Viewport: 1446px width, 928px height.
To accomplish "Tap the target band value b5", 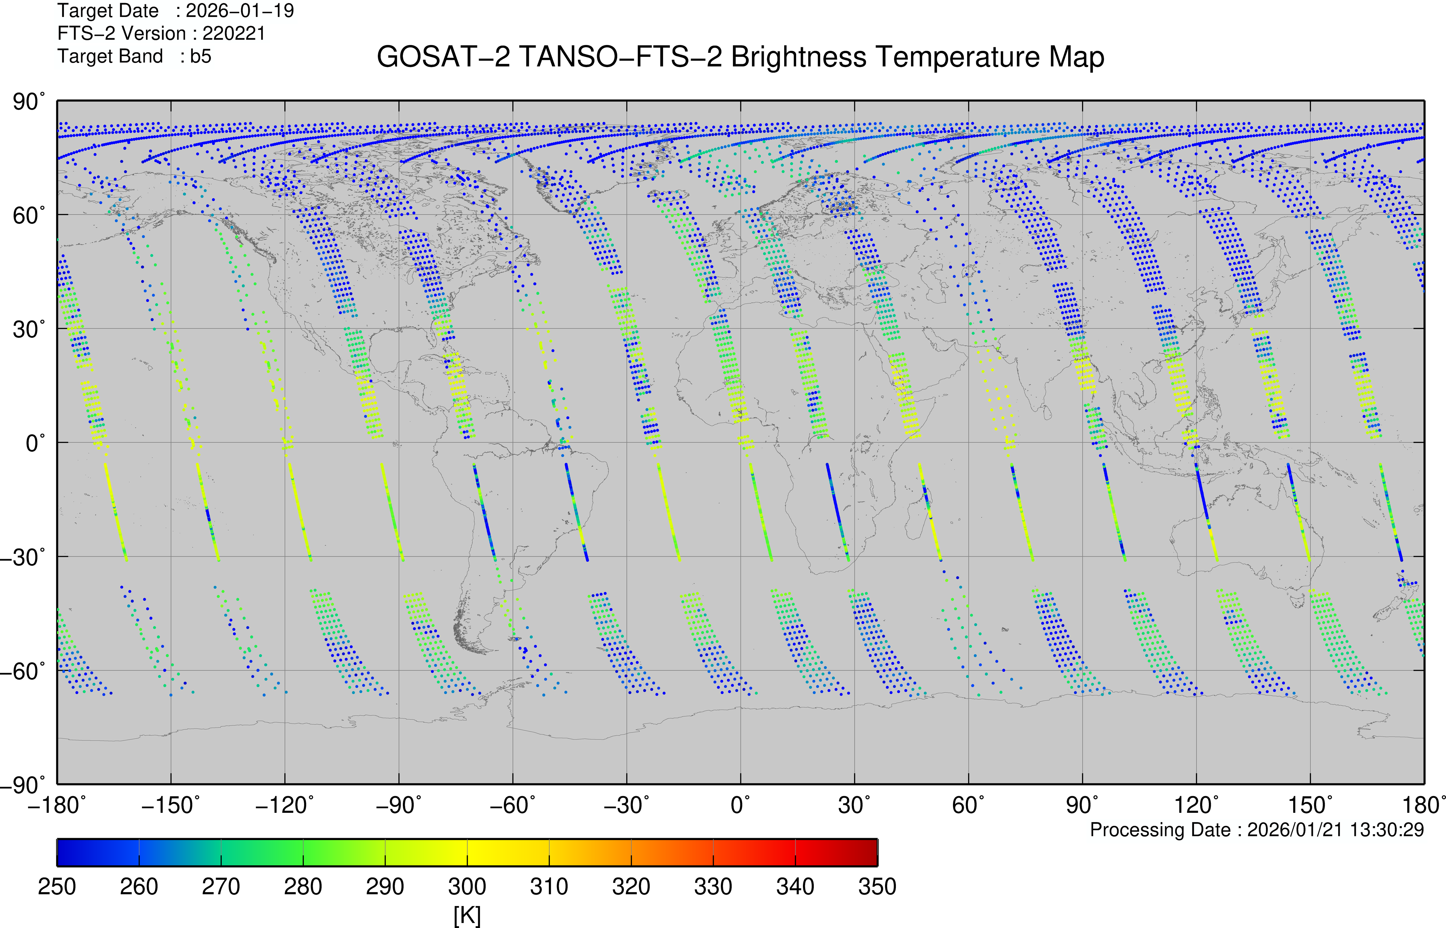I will click(x=201, y=56).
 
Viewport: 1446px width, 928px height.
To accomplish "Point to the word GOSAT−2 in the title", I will click(x=443, y=57).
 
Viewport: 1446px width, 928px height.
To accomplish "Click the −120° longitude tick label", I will click(x=284, y=805).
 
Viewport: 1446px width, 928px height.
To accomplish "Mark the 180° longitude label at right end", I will click(x=1423, y=805).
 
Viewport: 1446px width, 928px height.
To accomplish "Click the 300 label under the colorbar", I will click(x=467, y=886).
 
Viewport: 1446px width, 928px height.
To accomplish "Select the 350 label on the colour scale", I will click(x=877, y=886).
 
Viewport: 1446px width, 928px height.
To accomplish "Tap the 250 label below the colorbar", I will click(x=57, y=886).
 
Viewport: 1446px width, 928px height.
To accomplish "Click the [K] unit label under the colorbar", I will click(x=467, y=915).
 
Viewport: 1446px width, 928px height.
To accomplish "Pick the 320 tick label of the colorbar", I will click(x=631, y=886).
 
